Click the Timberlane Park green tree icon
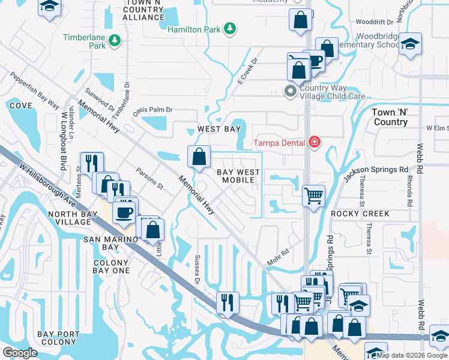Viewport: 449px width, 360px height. (x=114, y=41)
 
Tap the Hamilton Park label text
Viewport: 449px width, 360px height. (x=193, y=29)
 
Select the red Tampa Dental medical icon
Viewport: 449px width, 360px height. (x=313, y=143)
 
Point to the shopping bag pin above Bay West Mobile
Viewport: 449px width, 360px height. (x=199, y=158)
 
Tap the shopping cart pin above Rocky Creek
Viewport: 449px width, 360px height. (x=313, y=196)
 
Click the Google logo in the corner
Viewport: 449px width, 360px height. (x=20, y=353)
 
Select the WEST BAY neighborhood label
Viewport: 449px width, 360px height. (x=219, y=129)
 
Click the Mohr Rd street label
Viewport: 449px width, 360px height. (x=277, y=257)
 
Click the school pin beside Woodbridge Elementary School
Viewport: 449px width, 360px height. (x=411, y=45)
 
